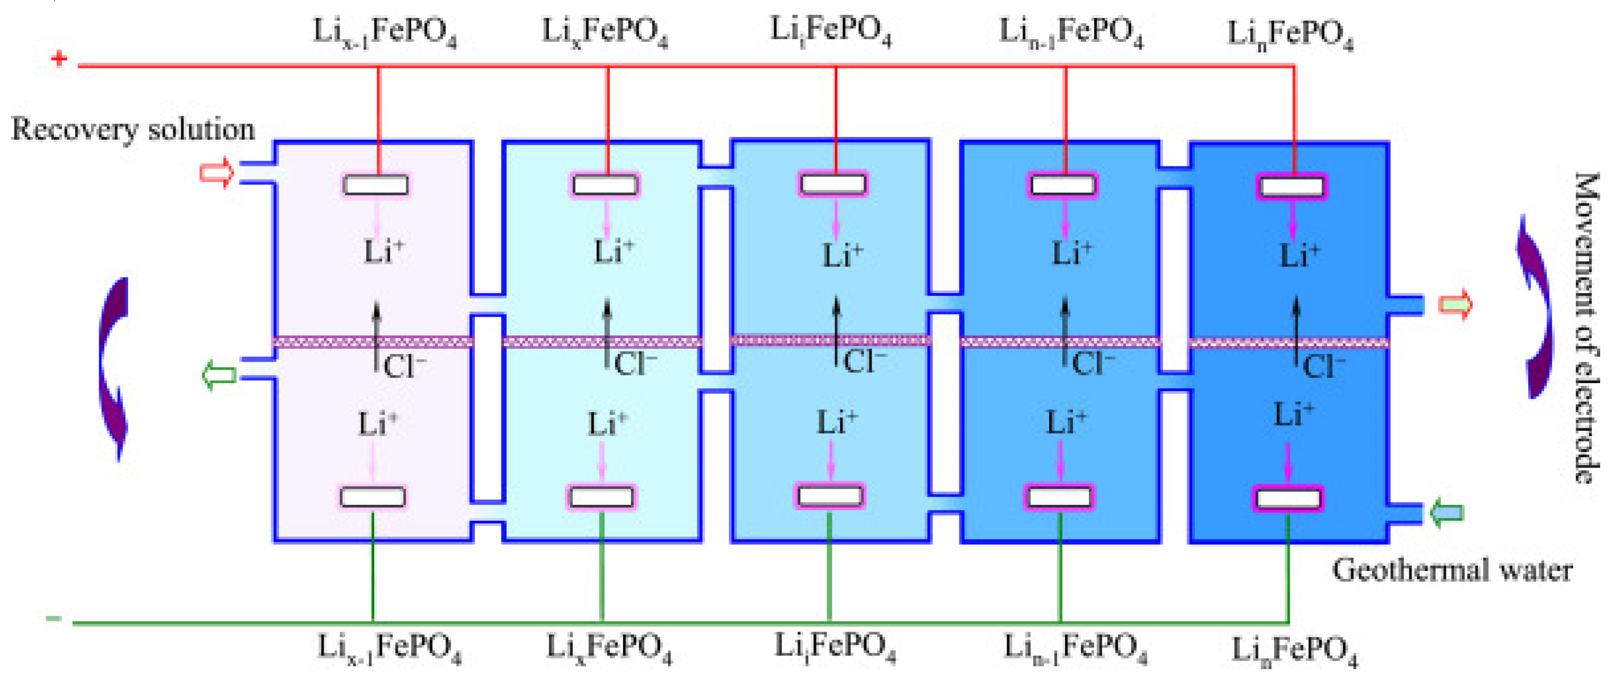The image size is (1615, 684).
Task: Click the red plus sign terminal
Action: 59,59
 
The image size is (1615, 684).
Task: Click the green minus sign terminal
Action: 54,619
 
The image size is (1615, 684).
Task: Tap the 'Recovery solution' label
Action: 133,130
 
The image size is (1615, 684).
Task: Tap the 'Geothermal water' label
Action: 1452,571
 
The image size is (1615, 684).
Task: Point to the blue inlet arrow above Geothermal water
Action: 1447,513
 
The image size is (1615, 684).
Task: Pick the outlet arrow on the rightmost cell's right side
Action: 1454,305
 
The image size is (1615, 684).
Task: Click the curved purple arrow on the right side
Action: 1533,307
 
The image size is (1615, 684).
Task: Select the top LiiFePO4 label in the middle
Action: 831,31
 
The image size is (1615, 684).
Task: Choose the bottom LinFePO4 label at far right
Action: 1294,650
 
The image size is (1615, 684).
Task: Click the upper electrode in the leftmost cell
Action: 376,185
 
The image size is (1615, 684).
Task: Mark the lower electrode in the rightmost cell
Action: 1289,499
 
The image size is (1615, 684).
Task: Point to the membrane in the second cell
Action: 602,342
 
